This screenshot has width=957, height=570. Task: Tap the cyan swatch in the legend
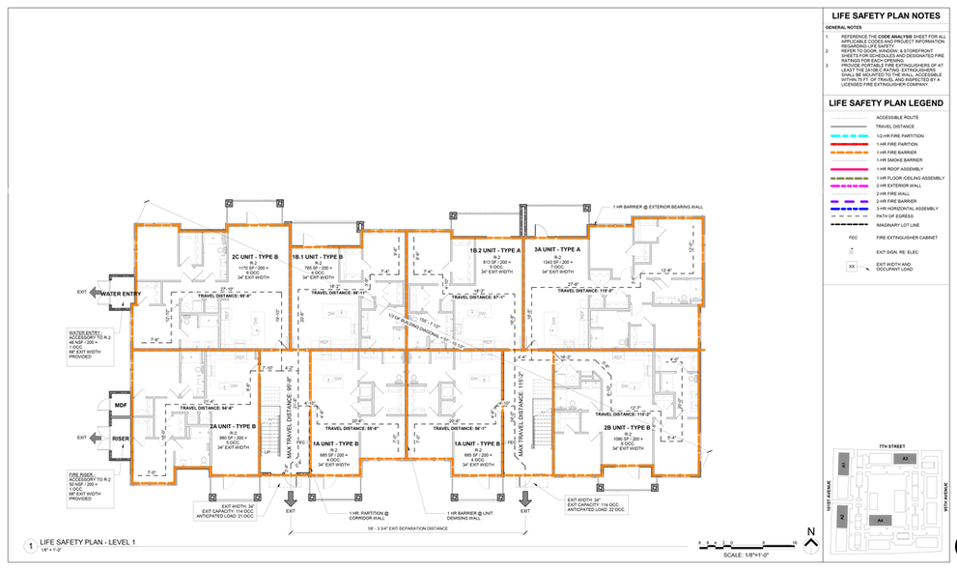tap(848, 136)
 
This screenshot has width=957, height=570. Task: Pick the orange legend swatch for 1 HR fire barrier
tap(848, 153)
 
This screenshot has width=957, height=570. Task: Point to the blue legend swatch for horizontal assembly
tap(848, 209)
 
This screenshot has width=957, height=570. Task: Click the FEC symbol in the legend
tap(853, 237)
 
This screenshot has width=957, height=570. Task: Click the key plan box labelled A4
tap(881, 520)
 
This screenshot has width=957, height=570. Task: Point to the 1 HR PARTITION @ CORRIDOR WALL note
tap(372, 514)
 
